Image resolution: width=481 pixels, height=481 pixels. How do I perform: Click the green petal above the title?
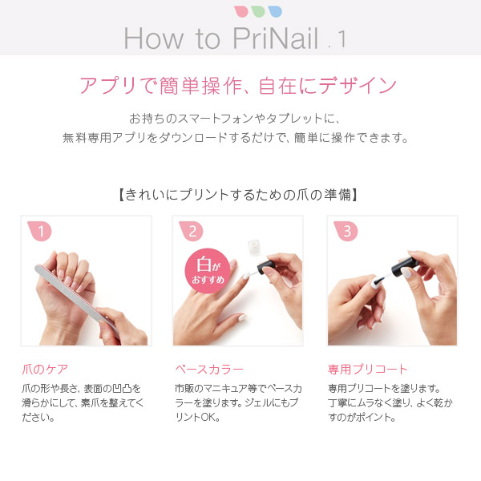point(257,11)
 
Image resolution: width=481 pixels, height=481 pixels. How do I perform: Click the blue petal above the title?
point(274,11)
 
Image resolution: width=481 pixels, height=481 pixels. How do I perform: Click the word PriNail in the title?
point(277,38)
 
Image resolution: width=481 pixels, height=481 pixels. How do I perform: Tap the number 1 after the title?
point(342,39)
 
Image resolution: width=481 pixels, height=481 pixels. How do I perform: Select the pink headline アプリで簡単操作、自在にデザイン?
point(238,85)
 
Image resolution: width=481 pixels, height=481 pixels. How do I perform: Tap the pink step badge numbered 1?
point(41,232)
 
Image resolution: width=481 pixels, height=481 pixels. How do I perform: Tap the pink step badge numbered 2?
point(193,232)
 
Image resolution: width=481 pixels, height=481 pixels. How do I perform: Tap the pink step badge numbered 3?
point(346,232)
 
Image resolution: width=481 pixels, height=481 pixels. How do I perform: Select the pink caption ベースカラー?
point(208,370)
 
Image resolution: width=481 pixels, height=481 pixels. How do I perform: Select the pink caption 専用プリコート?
point(368,370)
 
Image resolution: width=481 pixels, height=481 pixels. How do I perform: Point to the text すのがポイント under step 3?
point(363,418)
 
